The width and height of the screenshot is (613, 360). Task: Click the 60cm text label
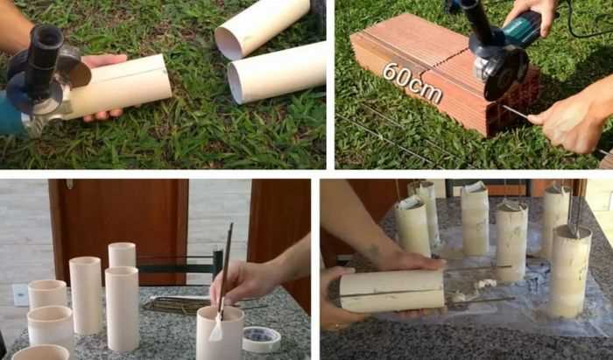pos(412,82)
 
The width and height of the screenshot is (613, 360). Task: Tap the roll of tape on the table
pos(262,339)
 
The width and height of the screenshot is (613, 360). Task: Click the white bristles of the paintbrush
pos(216,328)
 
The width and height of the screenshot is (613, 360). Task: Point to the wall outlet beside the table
pos(20,294)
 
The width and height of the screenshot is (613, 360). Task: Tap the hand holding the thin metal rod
pos(570,120)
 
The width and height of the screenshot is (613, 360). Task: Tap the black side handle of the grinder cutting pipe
pos(44,59)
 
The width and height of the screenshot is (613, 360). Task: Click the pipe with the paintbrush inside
pos(220,335)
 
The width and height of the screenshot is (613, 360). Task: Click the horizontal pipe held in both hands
pos(391,291)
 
